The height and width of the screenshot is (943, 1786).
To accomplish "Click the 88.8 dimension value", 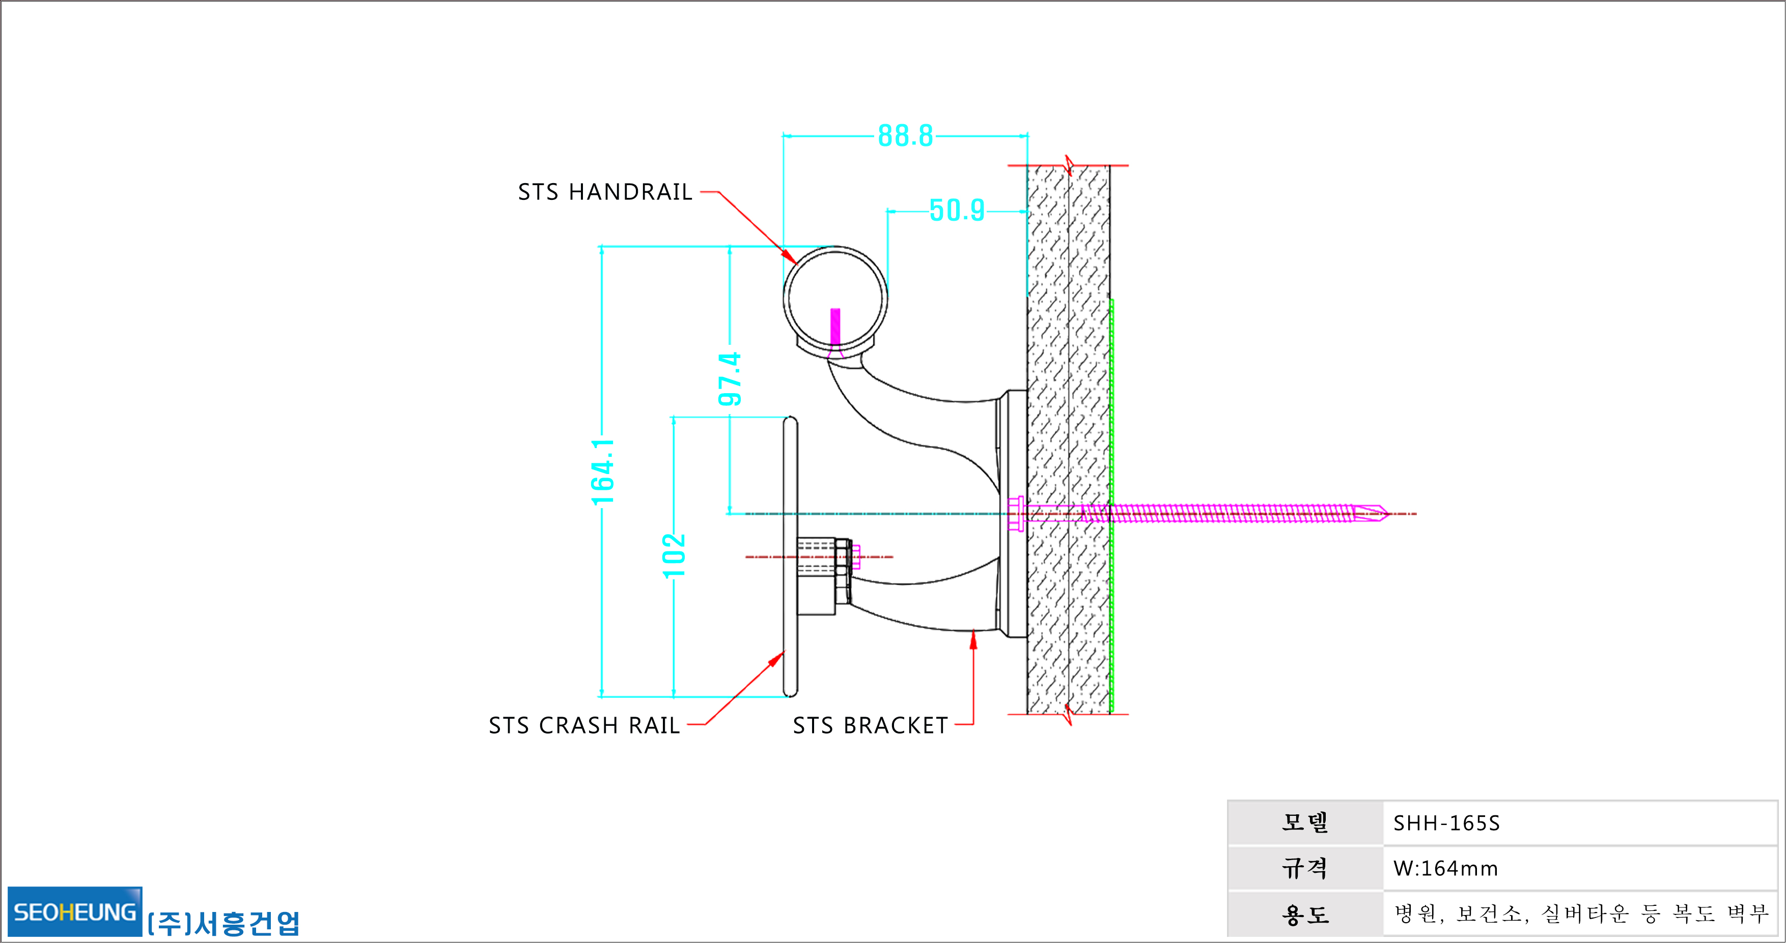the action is click(906, 136).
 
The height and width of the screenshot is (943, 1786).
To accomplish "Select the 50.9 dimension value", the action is click(957, 211).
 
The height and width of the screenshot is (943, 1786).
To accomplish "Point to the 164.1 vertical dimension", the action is click(602, 472).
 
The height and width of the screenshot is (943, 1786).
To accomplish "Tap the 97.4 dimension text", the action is click(730, 379).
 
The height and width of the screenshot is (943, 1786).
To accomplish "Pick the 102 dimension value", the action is click(674, 555).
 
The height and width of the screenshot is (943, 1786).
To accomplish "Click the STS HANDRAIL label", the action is click(605, 192).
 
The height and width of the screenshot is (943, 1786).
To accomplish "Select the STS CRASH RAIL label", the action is click(584, 725).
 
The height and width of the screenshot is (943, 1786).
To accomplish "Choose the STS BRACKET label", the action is click(871, 725).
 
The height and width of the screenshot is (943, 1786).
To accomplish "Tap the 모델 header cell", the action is click(1305, 823).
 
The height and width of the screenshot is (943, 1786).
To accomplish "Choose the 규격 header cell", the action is click(1305, 868).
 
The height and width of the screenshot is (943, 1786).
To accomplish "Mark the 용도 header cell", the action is click(1305, 914).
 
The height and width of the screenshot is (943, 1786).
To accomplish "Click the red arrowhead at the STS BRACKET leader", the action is click(973, 639).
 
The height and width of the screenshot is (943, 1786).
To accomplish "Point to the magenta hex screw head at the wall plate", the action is click(1016, 513).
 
